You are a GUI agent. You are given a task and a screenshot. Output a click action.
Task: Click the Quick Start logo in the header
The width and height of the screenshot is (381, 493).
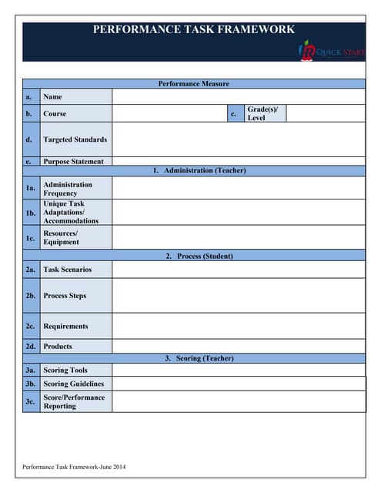coord(332,52)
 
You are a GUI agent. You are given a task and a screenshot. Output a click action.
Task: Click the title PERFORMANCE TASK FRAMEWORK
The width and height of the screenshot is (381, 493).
coord(193,30)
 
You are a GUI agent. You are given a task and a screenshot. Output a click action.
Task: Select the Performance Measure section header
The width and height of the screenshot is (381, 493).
coord(193,84)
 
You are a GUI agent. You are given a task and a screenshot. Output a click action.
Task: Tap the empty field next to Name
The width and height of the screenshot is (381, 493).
coord(238,97)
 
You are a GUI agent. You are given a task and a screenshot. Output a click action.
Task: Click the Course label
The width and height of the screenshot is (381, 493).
coord(55,114)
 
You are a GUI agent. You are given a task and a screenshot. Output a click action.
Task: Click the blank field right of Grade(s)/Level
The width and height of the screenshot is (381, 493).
coord(324,114)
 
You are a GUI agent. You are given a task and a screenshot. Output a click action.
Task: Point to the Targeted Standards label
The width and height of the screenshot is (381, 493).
coord(75,139)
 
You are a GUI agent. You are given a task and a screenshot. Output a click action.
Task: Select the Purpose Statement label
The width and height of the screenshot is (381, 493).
coord(73,162)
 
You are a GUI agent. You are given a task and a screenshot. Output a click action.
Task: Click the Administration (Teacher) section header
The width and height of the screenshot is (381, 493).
coord(193,170)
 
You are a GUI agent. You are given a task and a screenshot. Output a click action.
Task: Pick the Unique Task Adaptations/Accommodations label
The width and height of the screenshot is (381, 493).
coord(71,213)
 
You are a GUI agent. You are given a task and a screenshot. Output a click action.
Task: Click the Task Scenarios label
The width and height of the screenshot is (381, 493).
coord(67,270)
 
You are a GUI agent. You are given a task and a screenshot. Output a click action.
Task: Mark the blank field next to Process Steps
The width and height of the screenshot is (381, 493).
coord(238,296)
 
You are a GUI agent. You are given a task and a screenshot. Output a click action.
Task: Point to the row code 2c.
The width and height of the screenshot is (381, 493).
coord(31,327)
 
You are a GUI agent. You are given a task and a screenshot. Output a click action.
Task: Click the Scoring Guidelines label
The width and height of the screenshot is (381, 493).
coord(73,384)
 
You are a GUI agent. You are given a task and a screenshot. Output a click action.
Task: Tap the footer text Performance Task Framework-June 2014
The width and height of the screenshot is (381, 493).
coord(74,467)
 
